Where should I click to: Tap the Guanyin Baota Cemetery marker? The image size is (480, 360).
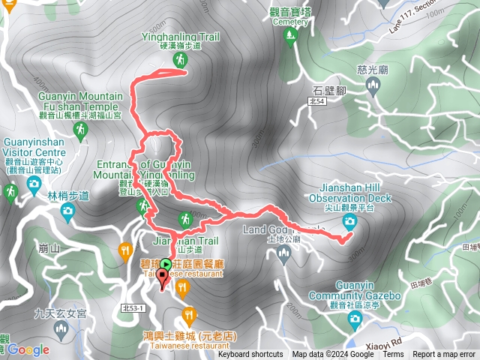pyautogui.click(x=290, y=39)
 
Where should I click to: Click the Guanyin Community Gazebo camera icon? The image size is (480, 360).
pyautogui.click(x=355, y=319)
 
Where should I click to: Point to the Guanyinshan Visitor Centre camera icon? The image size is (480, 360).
pyautogui.click(x=33, y=183)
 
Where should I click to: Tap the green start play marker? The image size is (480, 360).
pyautogui.click(x=165, y=264)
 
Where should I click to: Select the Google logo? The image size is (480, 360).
pyautogui.click(x=28, y=349)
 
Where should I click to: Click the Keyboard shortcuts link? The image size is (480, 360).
pyautogui.click(x=250, y=355)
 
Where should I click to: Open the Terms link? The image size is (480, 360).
pyautogui.click(x=393, y=355)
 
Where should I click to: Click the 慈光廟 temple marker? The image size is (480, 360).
pyautogui.click(x=373, y=88)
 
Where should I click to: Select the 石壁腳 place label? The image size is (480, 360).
pyautogui.click(x=327, y=91)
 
